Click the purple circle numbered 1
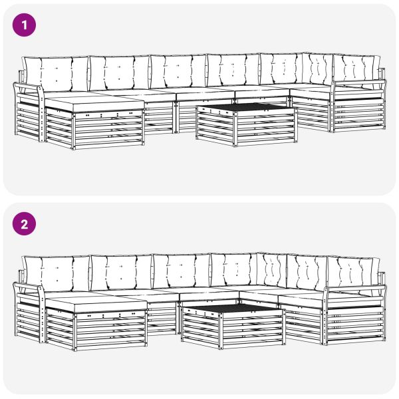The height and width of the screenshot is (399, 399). [x=24, y=25]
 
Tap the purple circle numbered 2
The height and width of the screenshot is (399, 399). [x=24, y=224]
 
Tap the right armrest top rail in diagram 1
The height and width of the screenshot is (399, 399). [x=359, y=82]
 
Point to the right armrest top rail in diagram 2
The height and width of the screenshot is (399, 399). [x=355, y=287]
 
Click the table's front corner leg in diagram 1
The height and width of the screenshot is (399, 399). [x=235, y=129]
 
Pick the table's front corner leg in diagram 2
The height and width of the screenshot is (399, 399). [x=220, y=331]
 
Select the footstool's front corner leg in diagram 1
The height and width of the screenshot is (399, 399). [x=74, y=131]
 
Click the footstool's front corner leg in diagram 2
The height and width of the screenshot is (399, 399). [x=75, y=332]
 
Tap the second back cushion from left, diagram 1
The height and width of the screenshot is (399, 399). [x=119, y=73]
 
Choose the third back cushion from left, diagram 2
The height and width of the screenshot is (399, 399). [x=181, y=271]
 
